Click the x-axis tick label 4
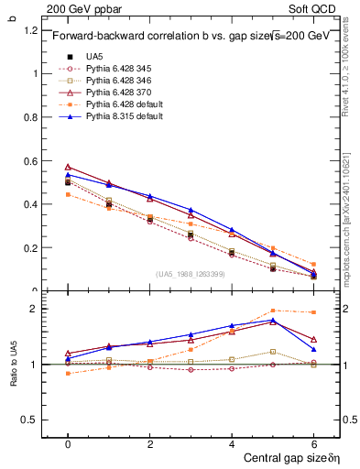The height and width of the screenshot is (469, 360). pyautogui.click(x=232, y=442)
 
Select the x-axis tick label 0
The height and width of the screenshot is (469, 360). pyautogui.click(x=68, y=442)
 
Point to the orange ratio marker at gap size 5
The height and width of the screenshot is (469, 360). pyautogui.click(x=273, y=311)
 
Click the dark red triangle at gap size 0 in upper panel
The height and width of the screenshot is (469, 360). pyautogui.click(x=68, y=167)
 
